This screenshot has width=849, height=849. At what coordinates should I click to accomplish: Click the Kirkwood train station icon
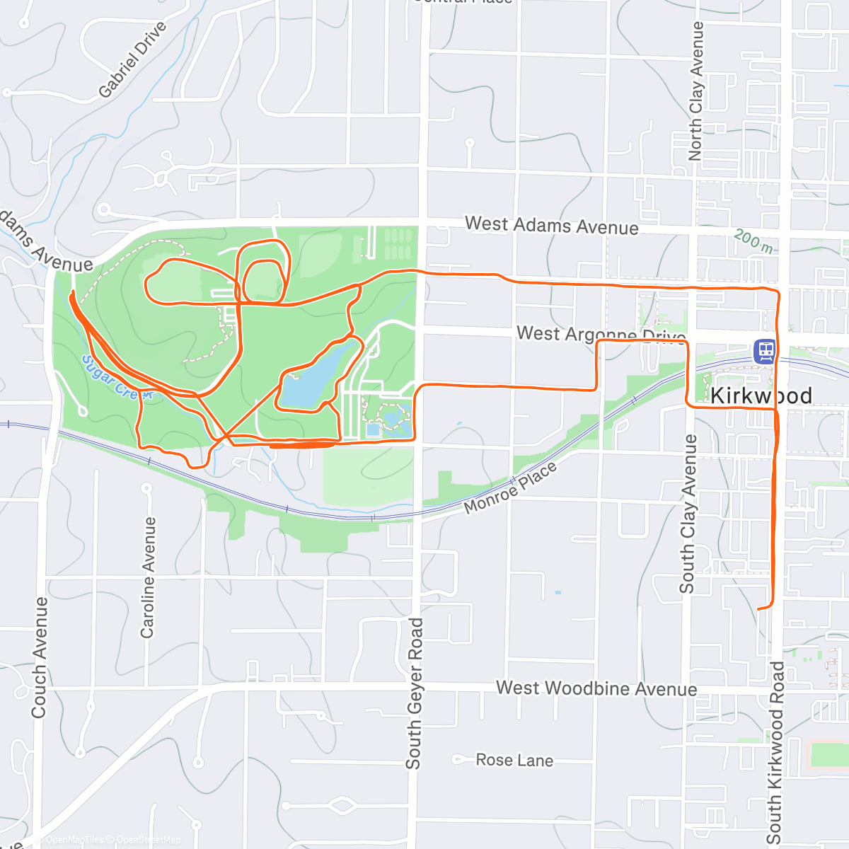[x=765, y=351]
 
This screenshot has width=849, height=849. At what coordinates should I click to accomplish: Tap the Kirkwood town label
[x=761, y=396]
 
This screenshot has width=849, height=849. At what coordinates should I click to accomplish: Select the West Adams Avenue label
[x=551, y=226]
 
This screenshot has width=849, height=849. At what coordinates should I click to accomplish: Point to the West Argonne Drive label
[x=600, y=333]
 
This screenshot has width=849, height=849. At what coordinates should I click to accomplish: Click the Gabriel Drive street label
[x=132, y=59]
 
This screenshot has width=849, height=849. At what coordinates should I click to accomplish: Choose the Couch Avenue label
[x=40, y=657]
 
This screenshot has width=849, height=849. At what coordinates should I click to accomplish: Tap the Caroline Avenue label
[x=148, y=577]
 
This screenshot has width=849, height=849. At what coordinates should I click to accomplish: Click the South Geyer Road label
[x=414, y=693]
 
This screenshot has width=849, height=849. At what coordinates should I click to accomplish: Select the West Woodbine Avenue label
[x=596, y=688]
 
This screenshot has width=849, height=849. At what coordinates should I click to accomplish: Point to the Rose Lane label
[x=514, y=761]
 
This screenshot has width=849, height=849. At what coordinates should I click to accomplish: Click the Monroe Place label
[x=510, y=489]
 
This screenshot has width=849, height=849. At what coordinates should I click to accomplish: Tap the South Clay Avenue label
[x=688, y=514]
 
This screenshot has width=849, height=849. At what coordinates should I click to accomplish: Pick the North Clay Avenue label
[x=696, y=91]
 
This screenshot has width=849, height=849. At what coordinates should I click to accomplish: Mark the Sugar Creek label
[x=116, y=378]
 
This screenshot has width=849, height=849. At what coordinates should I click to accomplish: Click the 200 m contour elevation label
[x=753, y=241]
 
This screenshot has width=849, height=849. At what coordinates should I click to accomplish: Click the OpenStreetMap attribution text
[x=149, y=841]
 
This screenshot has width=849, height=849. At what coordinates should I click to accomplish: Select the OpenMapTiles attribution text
[x=75, y=841]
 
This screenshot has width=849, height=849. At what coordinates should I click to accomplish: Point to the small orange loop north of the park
[x=263, y=280]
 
